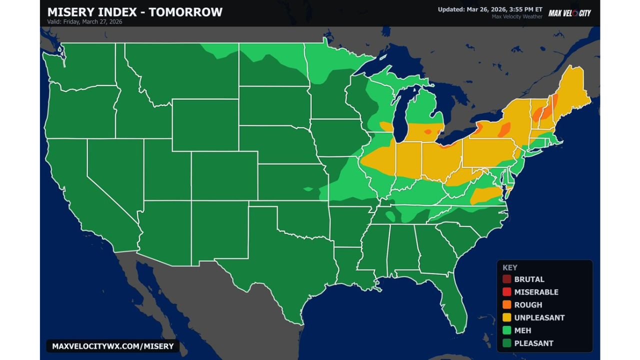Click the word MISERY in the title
pyautogui.click(x=70, y=12)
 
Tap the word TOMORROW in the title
pyautogui.click(x=185, y=12)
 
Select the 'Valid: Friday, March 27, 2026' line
pyautogui.click(x=84, y=22)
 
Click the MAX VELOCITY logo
pyautogui.click(x=569, y=13)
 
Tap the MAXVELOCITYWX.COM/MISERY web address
pyautogui.click(x=113, y=346)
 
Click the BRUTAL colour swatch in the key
pyautogui.click(x=507, y=279)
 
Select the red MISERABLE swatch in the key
pyautogui.click(x=507, y=292)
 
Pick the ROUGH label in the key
pyautogui.click(x=528, y=305)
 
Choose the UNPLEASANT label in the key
pyautogui.click(x=539, y=317)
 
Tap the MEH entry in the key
pyautogui.click(x=522, y=330)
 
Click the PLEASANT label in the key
pyautogui.click(x=533, y=343)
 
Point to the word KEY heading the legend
pyautogui.click(x=510, y=267)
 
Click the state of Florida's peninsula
pyautogui.click(x=455, y=300)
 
